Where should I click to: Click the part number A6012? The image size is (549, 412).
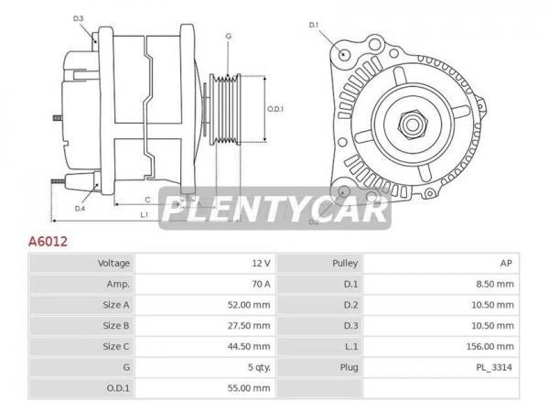coord(48,242)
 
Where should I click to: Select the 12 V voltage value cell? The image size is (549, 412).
coord(261,263)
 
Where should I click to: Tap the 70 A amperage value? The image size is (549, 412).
coord(261,284)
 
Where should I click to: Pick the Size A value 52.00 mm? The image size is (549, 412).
coord(249,305)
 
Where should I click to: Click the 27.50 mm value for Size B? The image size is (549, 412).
coord(249,325)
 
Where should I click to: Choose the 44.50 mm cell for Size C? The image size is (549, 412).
coord(249,346)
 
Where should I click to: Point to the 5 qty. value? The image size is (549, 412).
coord(259,367)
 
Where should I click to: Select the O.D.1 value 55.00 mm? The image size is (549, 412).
coord(249,388)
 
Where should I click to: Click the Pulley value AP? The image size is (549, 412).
coord(506,263)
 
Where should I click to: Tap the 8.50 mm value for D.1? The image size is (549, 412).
coord(495,284)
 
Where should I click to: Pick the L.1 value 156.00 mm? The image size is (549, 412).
coord(490,346)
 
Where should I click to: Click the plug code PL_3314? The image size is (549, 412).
coord(494,367)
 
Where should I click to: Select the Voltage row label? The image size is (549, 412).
coord(113,263)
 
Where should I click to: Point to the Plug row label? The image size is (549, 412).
coord(349,367)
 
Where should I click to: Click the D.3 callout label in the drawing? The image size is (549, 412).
coord(79,18)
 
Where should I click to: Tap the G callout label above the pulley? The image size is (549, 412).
coord(228,36)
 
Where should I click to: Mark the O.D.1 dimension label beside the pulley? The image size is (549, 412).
coord(275,109)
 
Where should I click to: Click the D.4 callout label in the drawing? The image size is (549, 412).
coord(80,209)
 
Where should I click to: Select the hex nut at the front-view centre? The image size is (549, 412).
coord(413,125)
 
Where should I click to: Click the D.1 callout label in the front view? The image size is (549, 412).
coord(314,25)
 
